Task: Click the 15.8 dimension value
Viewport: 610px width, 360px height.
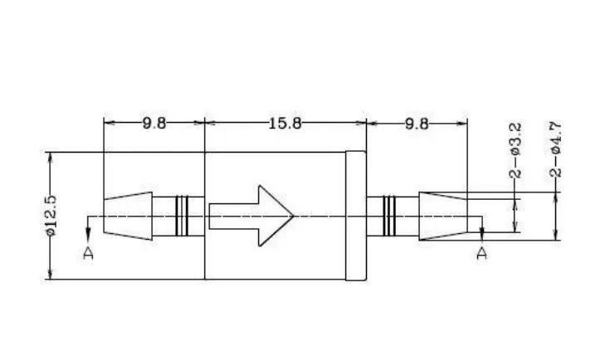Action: point(285,124)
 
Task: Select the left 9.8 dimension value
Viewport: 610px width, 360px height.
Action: point(154,124)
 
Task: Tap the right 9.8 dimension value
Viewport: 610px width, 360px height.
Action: point(417,124)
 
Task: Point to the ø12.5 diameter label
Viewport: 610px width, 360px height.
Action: point(51,216)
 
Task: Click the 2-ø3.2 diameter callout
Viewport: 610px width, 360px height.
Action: point(515,150)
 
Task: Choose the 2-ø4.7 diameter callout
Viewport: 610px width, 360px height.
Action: point(556,149)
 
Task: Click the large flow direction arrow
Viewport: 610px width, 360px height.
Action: point(251,216)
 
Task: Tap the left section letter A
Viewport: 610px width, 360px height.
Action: point(89,253)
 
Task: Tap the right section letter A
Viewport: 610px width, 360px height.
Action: point(482,253)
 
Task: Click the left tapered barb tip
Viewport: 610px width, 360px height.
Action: point(128,216)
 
